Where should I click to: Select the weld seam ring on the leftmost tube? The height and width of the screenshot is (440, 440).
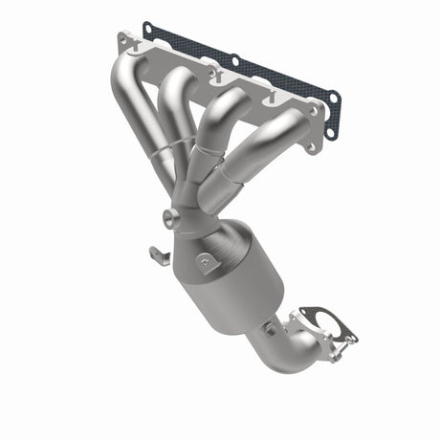165,153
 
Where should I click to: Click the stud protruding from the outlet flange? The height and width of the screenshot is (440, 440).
352,337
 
